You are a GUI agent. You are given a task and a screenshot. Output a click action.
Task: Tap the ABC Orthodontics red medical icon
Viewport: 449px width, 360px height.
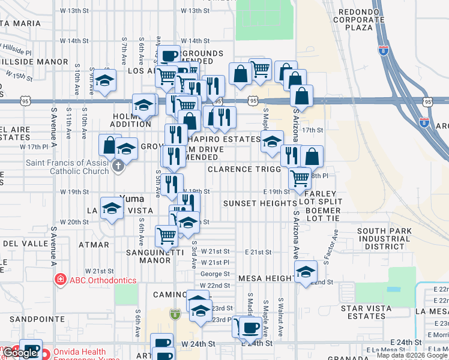[x=60, y=280]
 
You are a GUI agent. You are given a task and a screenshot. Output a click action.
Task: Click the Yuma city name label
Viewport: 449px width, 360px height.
[x=131, y=199]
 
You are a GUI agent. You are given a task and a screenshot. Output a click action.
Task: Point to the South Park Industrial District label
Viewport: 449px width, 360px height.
[x=384, y=239]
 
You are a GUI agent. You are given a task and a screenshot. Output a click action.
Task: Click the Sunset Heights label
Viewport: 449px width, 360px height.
[x=260, y=203]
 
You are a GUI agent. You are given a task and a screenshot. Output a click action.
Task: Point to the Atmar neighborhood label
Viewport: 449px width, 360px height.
[x=94, y=245]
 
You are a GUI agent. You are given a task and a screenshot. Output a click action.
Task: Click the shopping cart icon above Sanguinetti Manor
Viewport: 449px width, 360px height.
[x=166, y=235]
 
